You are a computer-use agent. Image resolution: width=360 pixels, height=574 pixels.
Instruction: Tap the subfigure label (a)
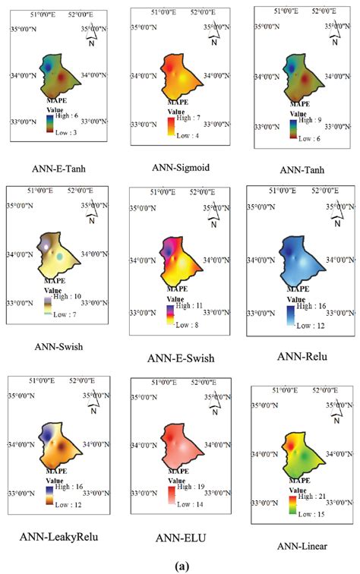coord(181,566)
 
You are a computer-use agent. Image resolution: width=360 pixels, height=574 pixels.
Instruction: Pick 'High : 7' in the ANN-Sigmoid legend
coord(195,119)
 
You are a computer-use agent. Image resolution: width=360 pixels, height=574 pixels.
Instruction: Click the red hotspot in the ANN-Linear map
coord(290,443)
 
